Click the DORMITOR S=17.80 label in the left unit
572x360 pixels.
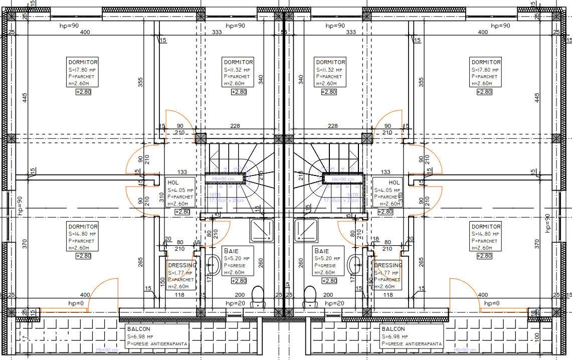pyautogui.click(x=83, y=72)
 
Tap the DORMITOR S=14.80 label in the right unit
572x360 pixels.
pyautogui.click(x=486, y=237)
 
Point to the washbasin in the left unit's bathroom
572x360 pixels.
pyautogui.click(x=213, y=264)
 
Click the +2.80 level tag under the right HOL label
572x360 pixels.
pyautogui.click(x=385, y=212)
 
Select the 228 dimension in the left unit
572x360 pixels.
pyautogui.click(x=235, y=126)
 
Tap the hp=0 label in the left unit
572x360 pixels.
pyautogui.click(x=76, y=303)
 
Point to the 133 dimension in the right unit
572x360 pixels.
pyautogui.click(x=386, y=172)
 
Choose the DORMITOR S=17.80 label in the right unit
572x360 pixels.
pyautogui.click(x=486, y=72)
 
